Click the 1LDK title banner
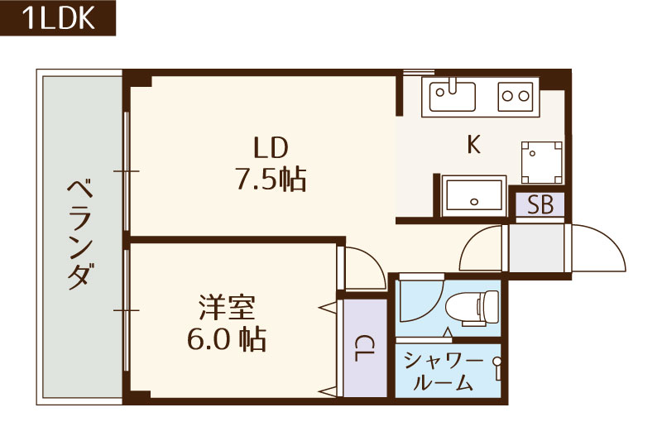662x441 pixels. pyautogui.click(x=58, y=18)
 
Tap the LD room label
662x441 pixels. pyautogui.click(x=271, y=148)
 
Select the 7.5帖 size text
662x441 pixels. pyautogui.click(x=271, y=180)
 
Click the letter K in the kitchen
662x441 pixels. pyautogui.click(x=473, y=145)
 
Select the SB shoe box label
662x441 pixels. pyautogui.click(x=540, y=205)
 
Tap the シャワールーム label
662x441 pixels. pyautogui.click(x=444, y=371)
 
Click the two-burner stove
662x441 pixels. pyautogui.click(x=515, y=97)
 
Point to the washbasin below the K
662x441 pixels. pyautogui.click(x=474, y=197)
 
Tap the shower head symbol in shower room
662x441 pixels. pyautogui.click(x=496, y=362)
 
